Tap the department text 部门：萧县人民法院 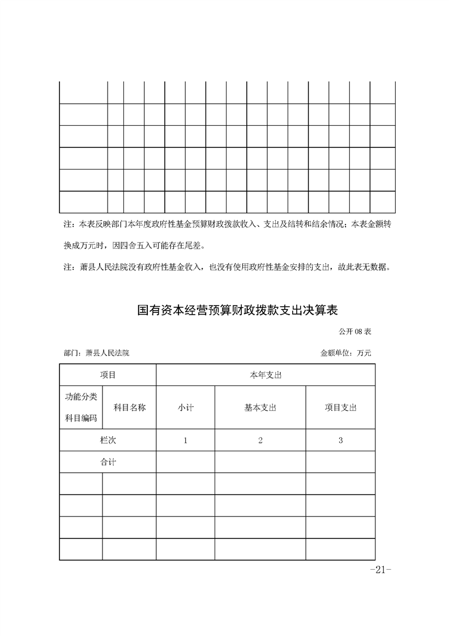tap(97, 353)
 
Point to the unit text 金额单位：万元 tap(345, 353)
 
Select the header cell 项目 tap(108, 375)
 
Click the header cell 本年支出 tap(266, 375)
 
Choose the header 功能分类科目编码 tap(81, 407)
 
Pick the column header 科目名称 tap(130, 407)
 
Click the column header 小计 tap(185, 408)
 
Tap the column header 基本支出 tap(260, 408)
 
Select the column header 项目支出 tap(340, 408)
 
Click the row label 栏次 tap(108, 440)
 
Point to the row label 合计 tap(108, 462)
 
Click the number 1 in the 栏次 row tap(185, 440)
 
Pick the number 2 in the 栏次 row tap(260, 440)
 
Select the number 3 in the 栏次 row tap(340, 440)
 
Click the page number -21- tap(377, 570)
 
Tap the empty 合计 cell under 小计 tap(185, 462)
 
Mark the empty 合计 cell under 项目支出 tap(340, 462)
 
